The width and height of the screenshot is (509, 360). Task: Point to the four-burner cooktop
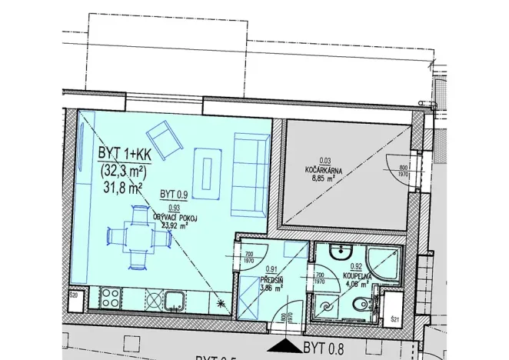coord(110,297)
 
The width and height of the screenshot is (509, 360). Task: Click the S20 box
coord(75,296)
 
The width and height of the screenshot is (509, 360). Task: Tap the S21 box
coord(394,318)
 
